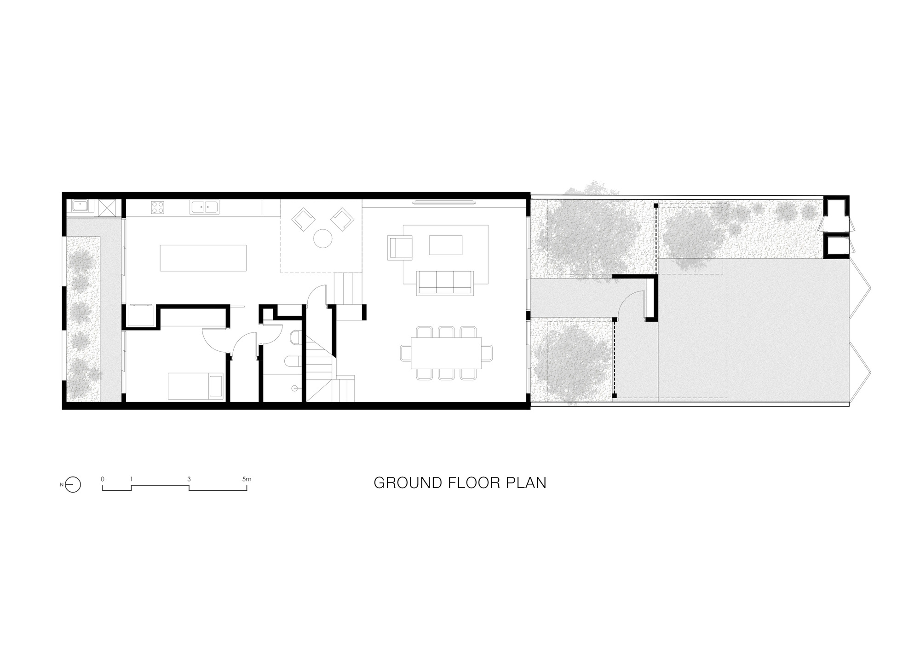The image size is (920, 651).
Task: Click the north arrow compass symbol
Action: [74, 484]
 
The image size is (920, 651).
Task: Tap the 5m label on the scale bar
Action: [247, 479]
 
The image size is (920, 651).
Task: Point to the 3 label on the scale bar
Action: [189, 479]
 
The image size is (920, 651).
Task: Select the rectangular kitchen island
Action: [203, 258]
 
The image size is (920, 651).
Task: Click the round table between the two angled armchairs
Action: [323, 238]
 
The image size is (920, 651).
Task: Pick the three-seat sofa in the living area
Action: [445, 282]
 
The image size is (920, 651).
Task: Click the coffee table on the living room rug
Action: [445, 245]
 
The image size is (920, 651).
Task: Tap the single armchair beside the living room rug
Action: [400, 247]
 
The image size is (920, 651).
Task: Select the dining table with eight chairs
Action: [446, 353]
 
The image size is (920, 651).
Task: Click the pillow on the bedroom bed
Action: [216, 386]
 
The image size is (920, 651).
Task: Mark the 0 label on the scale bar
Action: [103, 479]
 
